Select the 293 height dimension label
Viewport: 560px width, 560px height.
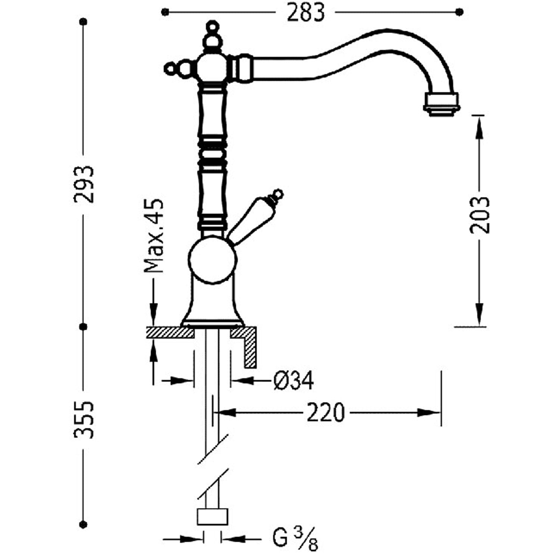click(x=83, y=184)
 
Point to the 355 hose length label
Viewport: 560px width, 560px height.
click(x=83, y=420)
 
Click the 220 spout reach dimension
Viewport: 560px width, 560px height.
click(x=325, y=413)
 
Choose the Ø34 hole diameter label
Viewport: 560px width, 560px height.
click(x=293, y=381)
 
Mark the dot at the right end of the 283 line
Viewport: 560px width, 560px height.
click(x=460, y=12)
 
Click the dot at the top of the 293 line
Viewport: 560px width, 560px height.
click(x=83, y=22)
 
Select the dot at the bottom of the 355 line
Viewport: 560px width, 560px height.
click(x=83, y=525)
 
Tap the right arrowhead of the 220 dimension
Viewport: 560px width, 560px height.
click(x=429, y=413)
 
